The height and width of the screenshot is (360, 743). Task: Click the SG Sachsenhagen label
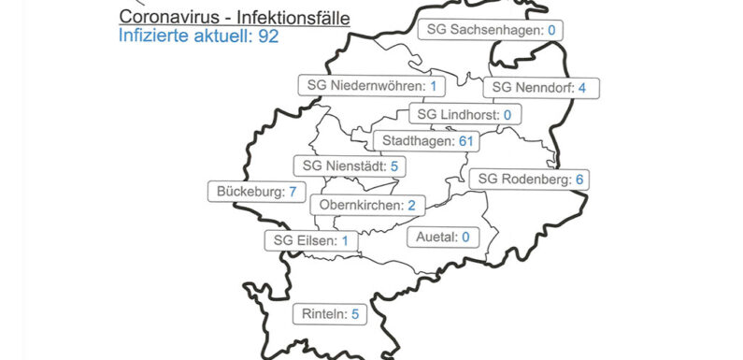click(x=491, y=31)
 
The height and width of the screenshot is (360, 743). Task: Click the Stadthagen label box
click(x=425, y=141)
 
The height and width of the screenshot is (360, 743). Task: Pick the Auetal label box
click(x=442, y=237)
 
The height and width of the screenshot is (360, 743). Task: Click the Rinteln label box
click(x=329, y=314)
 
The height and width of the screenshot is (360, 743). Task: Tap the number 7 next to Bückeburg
click(x=292, y=192)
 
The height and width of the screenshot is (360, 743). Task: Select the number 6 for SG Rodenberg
click(x=579, y=179)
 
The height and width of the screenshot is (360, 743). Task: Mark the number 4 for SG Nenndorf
click(x=582, y=88)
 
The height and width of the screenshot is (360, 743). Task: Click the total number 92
click(x=269, y=36)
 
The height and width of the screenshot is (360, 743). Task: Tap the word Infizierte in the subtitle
click(x=153, y=36)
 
